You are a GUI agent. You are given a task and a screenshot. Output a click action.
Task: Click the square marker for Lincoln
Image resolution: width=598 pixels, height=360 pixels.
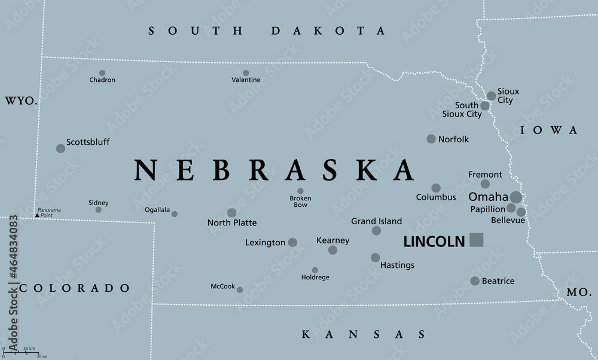pyautogui.click(x=476, y=240)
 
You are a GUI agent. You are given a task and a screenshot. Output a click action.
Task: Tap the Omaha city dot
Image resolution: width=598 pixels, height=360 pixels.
pyautogui.click(x=515, y=197)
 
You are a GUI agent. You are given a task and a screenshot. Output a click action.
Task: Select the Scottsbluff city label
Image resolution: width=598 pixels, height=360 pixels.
pyautogui.click(x=88, y=142)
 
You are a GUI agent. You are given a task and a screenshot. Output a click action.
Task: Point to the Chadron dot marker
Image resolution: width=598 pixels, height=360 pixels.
pyautogui.click(x=102, y=73)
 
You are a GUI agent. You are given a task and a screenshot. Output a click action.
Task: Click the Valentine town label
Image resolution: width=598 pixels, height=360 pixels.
pyautogui.click(x=246, y=80)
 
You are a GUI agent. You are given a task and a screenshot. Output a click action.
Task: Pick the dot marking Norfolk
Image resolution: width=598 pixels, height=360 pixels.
pyautogui.click(x=431, y=139)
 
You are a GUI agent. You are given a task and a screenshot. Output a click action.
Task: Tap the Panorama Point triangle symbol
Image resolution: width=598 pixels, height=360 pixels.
pyautogui.click(x=36, y=215)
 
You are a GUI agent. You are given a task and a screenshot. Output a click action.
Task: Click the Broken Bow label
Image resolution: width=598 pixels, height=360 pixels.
pyautogui.click(x=300, y=202)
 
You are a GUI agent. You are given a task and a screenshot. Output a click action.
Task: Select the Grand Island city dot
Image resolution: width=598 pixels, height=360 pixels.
pyautogui.click(x=376, y=230)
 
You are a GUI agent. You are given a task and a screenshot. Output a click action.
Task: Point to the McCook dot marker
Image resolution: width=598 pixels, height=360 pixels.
pyautogui.click(x=240, y=289)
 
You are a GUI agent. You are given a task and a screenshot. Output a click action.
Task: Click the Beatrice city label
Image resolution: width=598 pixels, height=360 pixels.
pyautogui.click(x=498, y=281)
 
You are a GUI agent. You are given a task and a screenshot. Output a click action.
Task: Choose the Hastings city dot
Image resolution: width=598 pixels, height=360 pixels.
pyautogui.click(x=375, y=258)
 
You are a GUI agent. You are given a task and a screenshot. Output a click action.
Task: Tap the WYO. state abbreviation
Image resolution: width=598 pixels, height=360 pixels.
pyautogui.click(x=21, y=102)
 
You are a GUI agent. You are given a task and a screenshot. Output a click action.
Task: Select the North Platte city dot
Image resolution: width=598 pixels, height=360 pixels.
pyautogui.click(x=231, y=212)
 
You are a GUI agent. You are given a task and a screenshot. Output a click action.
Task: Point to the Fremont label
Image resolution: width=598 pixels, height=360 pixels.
pyautogui.click(x=485, y=175)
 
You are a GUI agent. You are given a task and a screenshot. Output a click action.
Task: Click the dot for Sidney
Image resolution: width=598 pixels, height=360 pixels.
pyautogui.click(x=99, y=209)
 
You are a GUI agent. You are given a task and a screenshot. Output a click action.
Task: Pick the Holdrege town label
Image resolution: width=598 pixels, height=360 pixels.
pyautogui.click(x=315, y=277)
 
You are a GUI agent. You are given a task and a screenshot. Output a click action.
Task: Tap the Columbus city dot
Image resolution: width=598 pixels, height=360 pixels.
pyautogui.click(x=436, y=188)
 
